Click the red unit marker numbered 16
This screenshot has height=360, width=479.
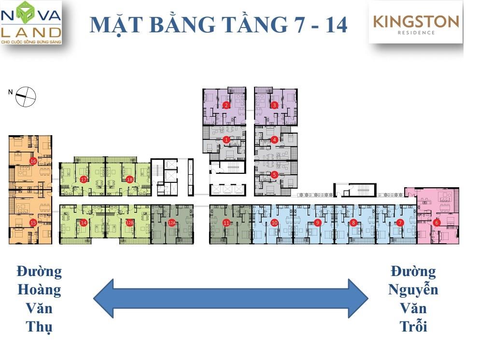(33, 161)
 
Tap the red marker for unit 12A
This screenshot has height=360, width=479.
(171, 222)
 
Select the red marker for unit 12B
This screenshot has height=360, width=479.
(129, 222)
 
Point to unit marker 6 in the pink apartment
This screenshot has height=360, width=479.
(437, 222)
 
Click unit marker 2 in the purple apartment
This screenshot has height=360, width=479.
(226, 105)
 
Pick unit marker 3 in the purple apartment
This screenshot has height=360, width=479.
(274, 105)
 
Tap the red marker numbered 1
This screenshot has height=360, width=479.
(226, 139)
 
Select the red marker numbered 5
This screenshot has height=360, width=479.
(274, 175)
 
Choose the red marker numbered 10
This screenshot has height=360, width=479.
(274, 222)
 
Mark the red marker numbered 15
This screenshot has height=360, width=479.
(33, 222)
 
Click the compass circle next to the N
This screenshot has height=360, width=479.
(26, 97)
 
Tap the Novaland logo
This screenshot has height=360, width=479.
(31, 23)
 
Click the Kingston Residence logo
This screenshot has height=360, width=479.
(416, 23)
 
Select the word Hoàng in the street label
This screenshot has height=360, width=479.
(39, 290)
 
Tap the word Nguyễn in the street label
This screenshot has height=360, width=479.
(413, 290)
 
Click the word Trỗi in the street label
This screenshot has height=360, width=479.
(413, 327)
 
